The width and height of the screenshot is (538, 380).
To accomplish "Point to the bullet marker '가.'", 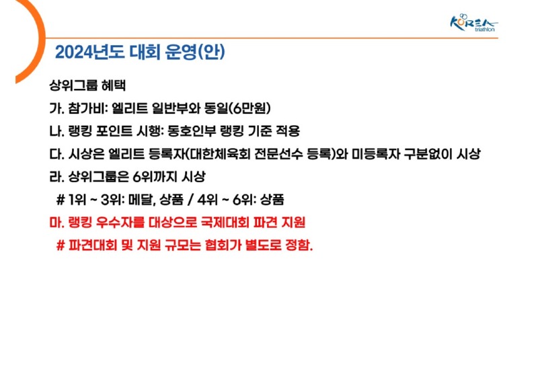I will tap(56, 108).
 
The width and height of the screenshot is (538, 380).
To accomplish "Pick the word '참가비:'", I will tap(87, 108).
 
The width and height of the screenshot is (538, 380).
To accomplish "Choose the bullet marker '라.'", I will tap(56, 177).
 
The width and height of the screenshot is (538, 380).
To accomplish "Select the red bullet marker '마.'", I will tap(56, 222).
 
